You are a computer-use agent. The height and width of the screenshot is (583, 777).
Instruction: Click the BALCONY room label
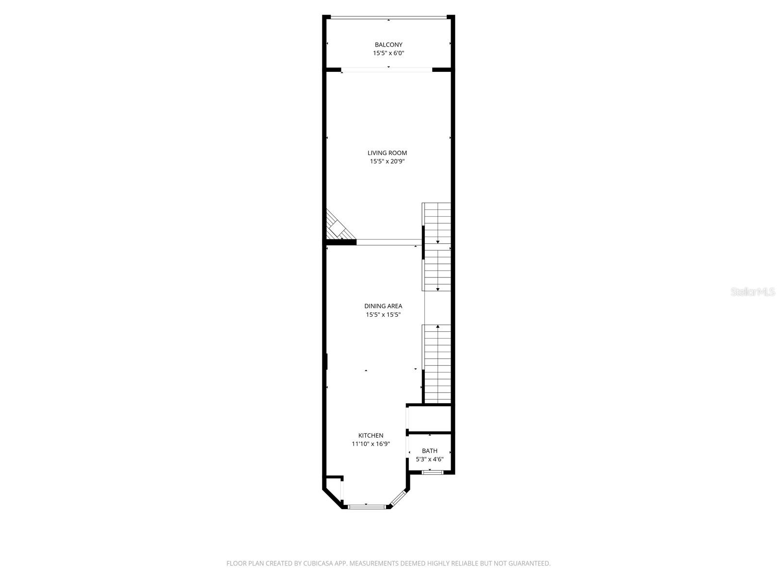pos(388,45)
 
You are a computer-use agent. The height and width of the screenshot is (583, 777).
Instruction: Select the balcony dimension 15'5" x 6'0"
pos(388,53)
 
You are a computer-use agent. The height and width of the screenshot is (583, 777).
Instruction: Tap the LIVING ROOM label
pos(387,153)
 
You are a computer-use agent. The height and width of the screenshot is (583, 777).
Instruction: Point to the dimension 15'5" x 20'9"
pos(387,161)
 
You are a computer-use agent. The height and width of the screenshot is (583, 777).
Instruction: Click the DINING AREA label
pos(383,306)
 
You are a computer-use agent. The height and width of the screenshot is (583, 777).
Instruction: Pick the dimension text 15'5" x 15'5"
pos(383,315)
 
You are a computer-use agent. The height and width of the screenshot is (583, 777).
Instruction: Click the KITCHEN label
pos(371,436)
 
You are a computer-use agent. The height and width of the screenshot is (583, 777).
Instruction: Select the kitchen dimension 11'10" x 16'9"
pos(371,444)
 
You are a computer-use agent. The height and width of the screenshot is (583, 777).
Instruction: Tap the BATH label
pos(429,451)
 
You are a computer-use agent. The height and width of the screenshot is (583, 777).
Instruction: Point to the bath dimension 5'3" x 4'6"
pos(429,459)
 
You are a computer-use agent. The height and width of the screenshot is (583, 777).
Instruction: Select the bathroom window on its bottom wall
pos(432,472)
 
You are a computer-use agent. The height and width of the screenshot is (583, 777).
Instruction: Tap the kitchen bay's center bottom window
pos(367,507)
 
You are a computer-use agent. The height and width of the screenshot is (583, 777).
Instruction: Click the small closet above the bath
pos(430,418)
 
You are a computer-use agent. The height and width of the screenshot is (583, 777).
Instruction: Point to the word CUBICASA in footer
pos(319,564)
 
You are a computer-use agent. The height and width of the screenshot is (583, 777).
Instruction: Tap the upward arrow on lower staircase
pos(438,327)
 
